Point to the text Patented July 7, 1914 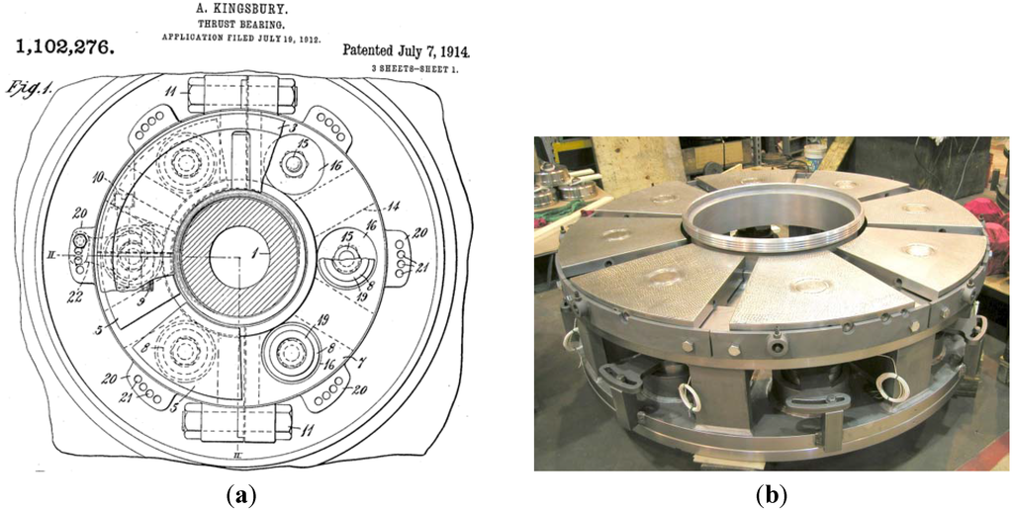(406, 49)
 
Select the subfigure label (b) (772, 491)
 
